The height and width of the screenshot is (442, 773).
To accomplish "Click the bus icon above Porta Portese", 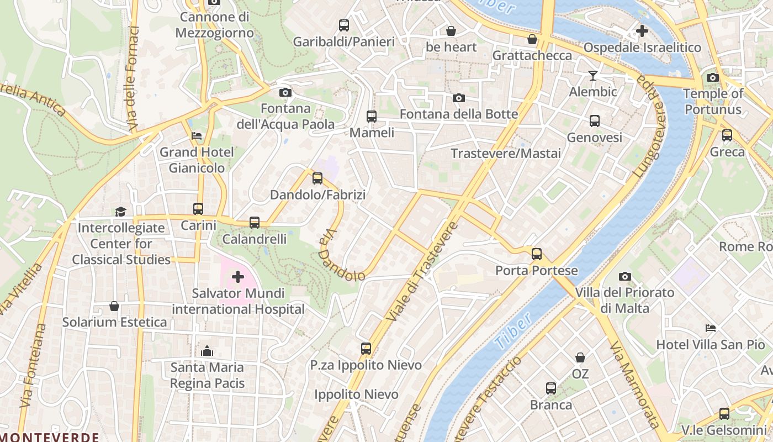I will coord(537,254).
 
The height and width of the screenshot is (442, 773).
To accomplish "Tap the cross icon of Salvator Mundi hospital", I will coord(238,276).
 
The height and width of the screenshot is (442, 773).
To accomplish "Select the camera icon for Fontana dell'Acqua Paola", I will coord(285,92).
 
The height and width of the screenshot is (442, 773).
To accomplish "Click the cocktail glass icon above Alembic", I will coord(593,75).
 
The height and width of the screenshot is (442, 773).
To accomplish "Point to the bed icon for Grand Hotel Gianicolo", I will coord(197,135).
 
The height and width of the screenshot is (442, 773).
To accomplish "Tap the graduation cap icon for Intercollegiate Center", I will coord(120,211).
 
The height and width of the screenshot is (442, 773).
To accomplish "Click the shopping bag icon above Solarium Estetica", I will coord(114,306).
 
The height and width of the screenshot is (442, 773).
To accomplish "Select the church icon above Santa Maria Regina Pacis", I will coord(207,351).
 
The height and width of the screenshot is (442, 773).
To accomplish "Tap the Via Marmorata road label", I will coord(634,385).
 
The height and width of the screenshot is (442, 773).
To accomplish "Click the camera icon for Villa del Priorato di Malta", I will coord(625,276).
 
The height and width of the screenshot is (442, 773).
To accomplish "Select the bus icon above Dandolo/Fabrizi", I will coord(317,178).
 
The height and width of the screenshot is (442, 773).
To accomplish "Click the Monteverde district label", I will coord(50,437).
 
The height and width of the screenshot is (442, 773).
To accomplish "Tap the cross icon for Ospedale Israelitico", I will coord(642,31).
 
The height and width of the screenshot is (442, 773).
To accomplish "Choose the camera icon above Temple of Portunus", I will coord(713,77).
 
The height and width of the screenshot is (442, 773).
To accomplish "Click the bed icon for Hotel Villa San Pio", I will coord(711,328).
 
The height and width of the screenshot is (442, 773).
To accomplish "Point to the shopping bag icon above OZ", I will coord(580,357).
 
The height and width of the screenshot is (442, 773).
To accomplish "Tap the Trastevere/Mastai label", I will coord(506,153).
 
